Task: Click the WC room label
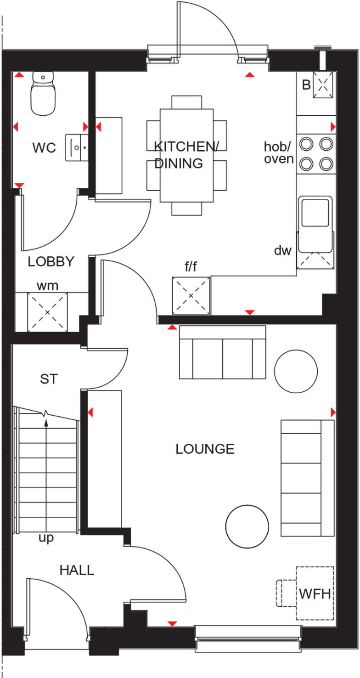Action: (44, 148)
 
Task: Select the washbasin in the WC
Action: (76, 147)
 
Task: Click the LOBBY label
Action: (51, 261)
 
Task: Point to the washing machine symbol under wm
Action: (47, 311)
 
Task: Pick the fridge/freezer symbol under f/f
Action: (191, 295)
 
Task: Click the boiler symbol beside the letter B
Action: (323, 85)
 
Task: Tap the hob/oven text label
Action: (278, 153)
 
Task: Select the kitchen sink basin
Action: (315, 212)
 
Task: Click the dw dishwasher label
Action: (283, 251)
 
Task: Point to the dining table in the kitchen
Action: (186, 155)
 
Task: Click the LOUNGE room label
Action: (205, 449)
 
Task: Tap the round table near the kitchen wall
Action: (296, 371)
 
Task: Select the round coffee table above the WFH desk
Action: (247, 526)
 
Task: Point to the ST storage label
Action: (49, 379)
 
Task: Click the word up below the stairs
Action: (46, 538)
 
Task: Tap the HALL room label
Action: (77, 570)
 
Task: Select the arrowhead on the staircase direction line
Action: (46, 423)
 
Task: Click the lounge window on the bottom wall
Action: (248, 638)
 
